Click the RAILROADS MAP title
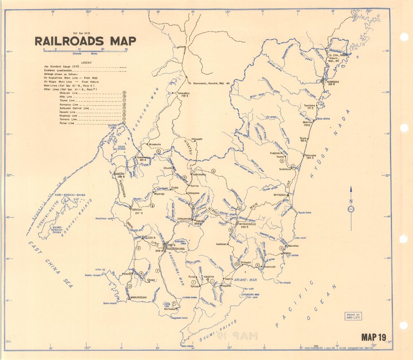point(85,41)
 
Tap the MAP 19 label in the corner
point(373,337)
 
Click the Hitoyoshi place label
point(197,139)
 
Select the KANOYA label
point(209,277)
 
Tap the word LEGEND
point(86,62)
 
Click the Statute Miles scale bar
point(85,50)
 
